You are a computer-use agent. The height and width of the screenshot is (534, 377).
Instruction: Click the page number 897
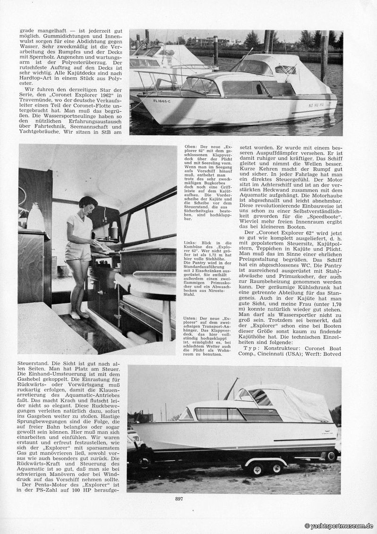tap(179, 499)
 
